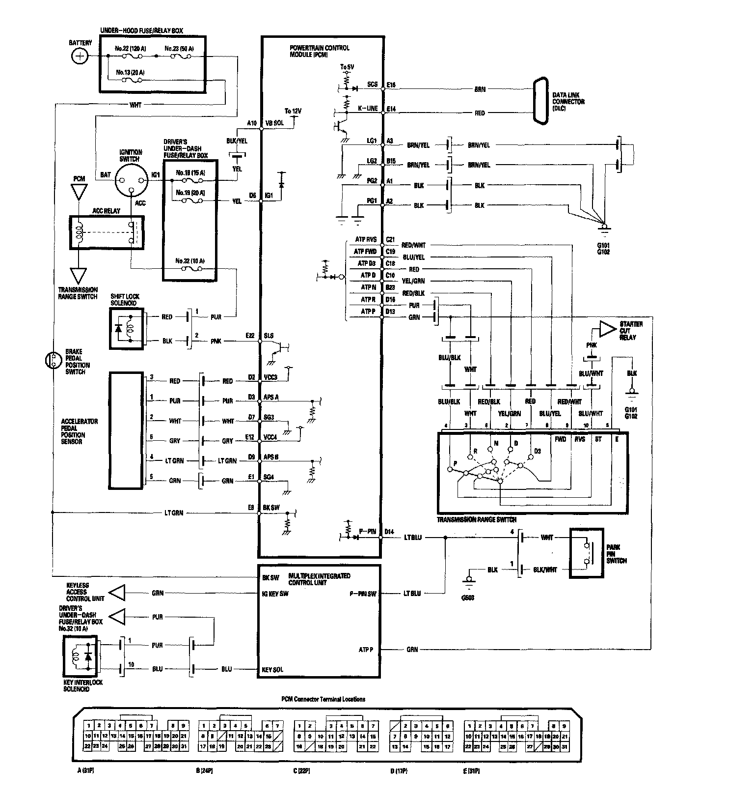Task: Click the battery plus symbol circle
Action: point(79,57)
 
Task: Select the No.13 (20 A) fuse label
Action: point(130,72)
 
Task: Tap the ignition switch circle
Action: point(131,179)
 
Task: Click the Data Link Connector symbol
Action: point(541,101)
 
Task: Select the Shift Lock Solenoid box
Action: point(127,329)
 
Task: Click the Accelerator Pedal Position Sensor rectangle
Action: point(126,430)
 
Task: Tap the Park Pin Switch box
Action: point(586,553)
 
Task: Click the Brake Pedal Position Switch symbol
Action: point(52,360)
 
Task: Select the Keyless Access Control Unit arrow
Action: point(116,593)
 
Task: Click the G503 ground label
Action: point(468,598)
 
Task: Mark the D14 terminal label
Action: point(389,532)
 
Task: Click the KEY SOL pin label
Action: point(273,670)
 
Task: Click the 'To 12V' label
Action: point(293,111)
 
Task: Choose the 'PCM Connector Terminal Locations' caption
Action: point(323,699)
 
